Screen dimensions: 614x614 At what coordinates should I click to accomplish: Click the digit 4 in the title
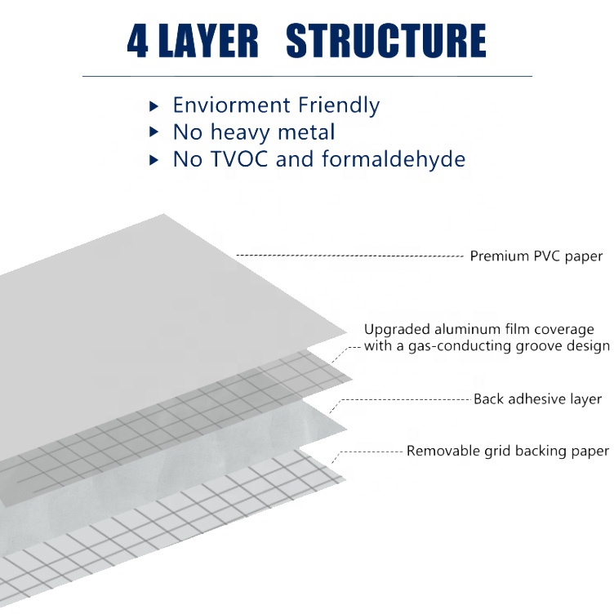137,41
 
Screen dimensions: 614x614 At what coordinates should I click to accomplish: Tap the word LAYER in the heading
208,41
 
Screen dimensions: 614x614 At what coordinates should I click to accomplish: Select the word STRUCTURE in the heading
386,40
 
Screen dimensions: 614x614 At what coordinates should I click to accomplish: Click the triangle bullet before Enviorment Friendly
153,106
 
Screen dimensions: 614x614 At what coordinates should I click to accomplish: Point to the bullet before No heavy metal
153,132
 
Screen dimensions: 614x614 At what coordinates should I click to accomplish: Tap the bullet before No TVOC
153,160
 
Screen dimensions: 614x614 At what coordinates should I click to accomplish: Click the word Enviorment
231,105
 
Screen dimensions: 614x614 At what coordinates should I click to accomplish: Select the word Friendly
339,105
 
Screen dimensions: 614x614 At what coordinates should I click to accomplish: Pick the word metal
306,131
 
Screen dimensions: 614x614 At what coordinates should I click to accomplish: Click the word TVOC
239,159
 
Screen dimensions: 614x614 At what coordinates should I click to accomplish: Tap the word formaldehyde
394,159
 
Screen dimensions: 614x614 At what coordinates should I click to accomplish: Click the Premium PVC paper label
536,256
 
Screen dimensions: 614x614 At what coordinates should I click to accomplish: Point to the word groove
540,346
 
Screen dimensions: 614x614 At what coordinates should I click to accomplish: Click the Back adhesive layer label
537,399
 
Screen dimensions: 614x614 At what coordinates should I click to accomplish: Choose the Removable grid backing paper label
508,451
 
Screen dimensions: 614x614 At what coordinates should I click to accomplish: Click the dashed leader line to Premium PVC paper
350,256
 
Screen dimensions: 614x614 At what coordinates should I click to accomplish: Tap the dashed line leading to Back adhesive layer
400,400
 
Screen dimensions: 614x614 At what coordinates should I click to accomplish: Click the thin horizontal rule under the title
307,76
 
